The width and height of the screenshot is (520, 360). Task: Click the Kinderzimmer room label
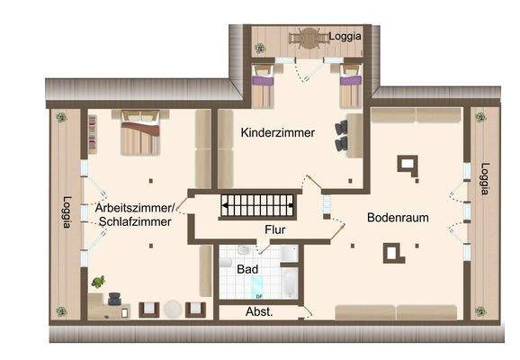click(x=277, y=132)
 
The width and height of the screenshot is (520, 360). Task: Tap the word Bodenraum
click(x=397, y=218)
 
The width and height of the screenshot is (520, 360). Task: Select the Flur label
click(x=275, y=229)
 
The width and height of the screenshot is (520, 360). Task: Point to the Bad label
click(x=247, y=269)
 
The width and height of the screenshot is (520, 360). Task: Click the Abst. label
click(x=259, y=311)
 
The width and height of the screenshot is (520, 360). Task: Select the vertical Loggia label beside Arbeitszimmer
click(x=66, y=212)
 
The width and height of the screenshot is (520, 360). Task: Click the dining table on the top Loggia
click(x=310, y=38)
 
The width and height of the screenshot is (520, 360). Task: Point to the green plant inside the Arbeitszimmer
click(x=97, y=283)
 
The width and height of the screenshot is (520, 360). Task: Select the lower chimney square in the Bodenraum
click(x=394, y=253)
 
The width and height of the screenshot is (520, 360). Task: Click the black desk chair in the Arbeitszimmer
click(x=116, y=299)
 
